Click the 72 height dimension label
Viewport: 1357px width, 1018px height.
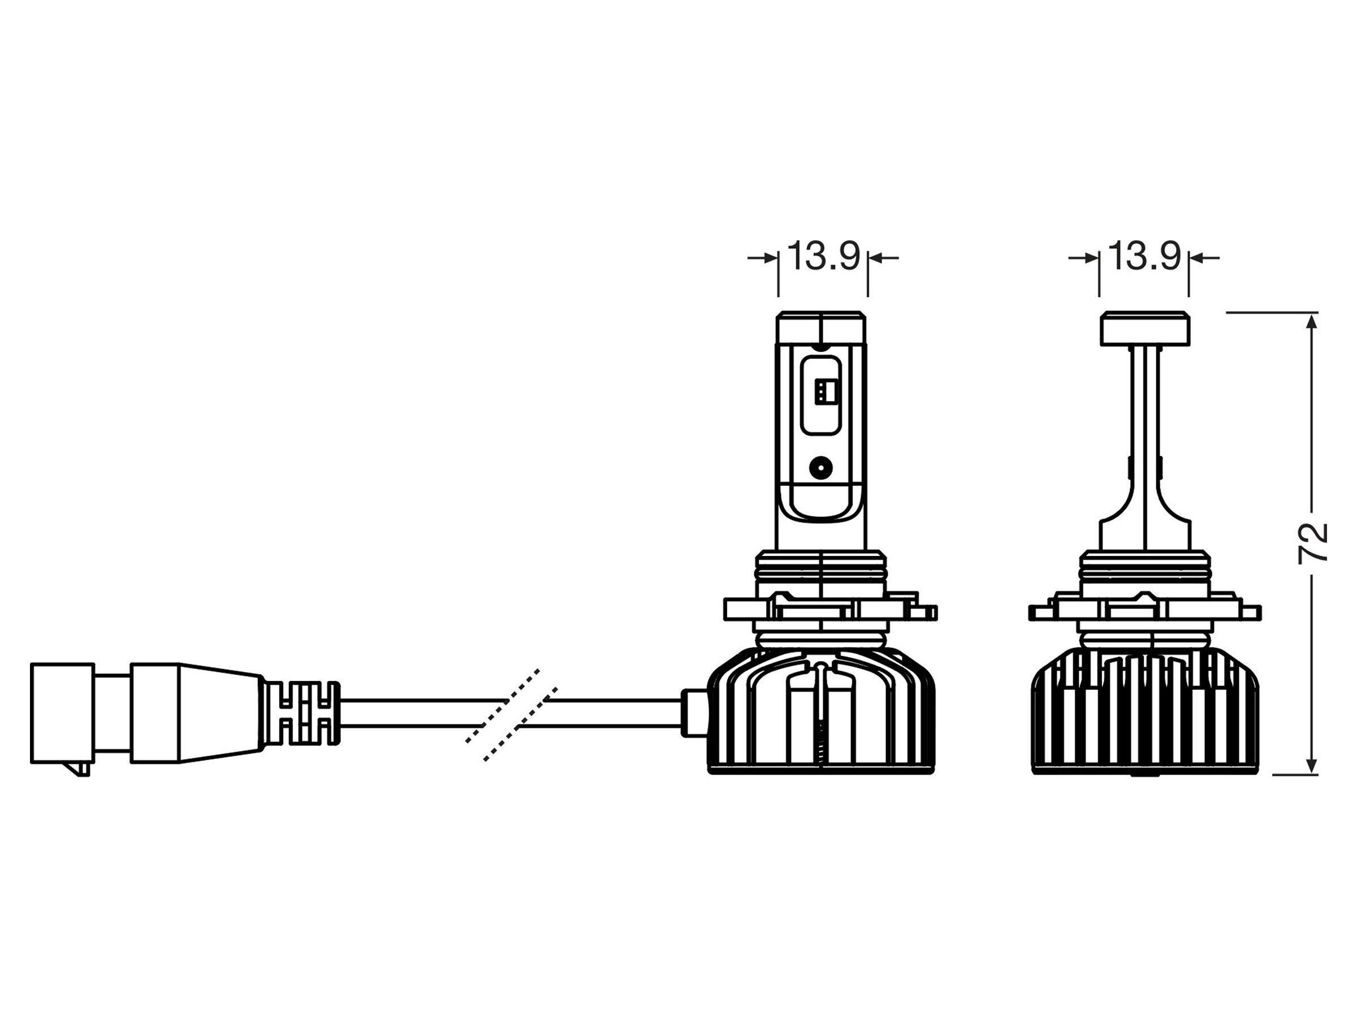1313,543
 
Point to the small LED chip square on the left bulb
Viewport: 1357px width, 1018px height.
822,391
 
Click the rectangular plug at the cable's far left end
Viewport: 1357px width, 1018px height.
63,713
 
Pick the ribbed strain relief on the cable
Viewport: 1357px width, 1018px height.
301,713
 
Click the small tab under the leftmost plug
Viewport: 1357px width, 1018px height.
81,770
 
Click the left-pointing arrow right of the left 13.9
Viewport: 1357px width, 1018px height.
884,258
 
